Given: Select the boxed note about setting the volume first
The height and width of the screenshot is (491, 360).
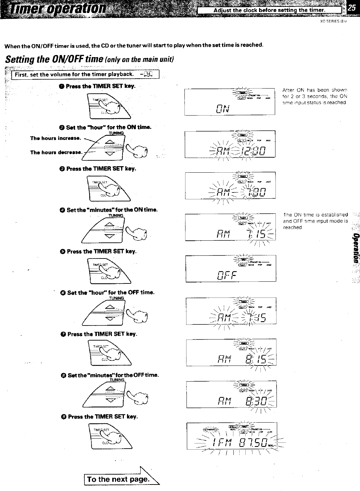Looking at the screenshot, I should click(83, 74).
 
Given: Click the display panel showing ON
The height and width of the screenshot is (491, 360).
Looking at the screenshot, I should click(230, 102).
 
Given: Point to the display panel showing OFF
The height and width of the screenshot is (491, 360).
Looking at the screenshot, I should click(231, 269).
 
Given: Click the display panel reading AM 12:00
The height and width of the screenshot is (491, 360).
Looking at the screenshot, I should click(230, 144).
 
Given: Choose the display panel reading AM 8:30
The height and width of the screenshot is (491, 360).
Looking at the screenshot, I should click(232, 395).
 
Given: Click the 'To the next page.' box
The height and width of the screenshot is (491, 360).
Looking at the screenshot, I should click(118, 479).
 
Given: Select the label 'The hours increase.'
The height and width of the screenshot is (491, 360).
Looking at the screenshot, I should click(55, 138).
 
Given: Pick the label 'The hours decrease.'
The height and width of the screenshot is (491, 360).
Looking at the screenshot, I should click(56, 152).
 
